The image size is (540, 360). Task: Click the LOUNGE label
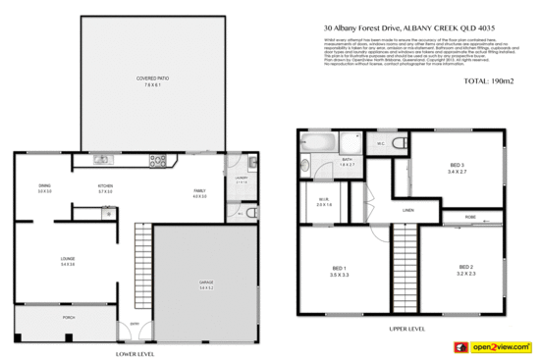tap(68, 259)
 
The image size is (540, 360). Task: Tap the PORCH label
tap(69, 318)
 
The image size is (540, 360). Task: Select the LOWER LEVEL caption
tap(135, 350)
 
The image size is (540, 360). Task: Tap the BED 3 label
tap(458, 166)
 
